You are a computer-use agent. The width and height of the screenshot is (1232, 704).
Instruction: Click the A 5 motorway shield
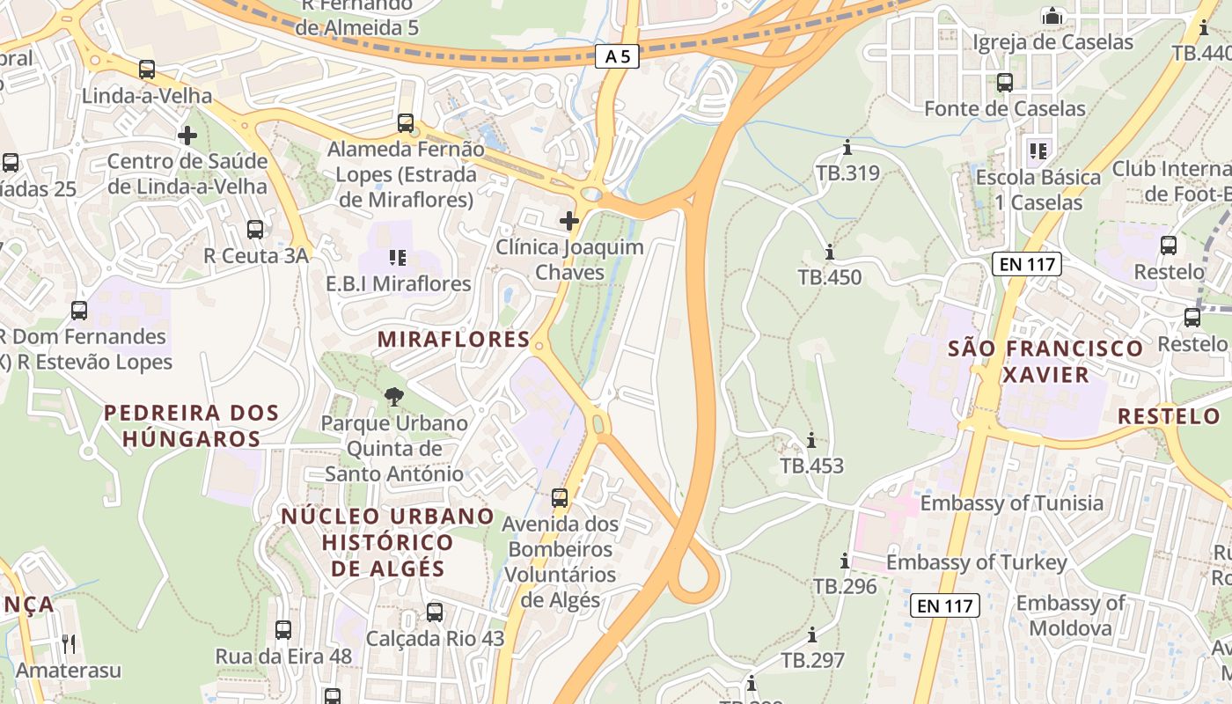(617, 57)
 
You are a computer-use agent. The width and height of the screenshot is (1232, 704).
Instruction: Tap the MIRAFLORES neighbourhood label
(453, 340)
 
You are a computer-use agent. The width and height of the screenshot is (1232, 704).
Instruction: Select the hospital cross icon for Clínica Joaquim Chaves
(569, 220)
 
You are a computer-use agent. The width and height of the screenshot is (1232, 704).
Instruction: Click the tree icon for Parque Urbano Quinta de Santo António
(394, 397)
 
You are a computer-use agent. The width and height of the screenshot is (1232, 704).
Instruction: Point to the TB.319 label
(847, 173)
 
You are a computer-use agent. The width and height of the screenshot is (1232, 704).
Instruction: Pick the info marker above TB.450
(829, 253)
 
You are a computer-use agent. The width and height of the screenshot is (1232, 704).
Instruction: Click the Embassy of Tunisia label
(1011, 503)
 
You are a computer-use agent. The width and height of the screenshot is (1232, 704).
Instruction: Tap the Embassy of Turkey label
(977, 562)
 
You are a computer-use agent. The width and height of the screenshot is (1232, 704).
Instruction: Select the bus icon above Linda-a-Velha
(147, 69)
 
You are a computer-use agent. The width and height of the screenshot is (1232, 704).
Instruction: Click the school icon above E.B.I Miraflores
(398, 258)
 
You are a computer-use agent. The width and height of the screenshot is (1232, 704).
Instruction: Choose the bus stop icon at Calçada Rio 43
(435, 612)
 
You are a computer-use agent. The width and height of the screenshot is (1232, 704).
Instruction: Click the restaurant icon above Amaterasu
(69, 644)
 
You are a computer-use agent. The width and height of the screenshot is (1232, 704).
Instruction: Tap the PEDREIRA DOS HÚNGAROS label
(192, 425)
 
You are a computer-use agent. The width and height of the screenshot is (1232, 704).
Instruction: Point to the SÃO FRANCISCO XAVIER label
(1045, 361)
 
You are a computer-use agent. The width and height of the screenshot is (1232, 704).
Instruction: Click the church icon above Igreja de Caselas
(1052, 17)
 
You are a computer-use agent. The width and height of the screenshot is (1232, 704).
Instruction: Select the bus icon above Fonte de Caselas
(1005, 83)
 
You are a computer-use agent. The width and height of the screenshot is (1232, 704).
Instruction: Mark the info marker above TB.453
(811, 441)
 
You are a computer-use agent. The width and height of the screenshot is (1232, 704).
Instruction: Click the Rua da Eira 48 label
(283, 656)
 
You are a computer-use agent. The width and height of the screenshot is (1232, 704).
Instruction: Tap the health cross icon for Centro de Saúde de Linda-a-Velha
(187, 136)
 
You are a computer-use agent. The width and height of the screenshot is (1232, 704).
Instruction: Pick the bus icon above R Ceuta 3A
(255, 230)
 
